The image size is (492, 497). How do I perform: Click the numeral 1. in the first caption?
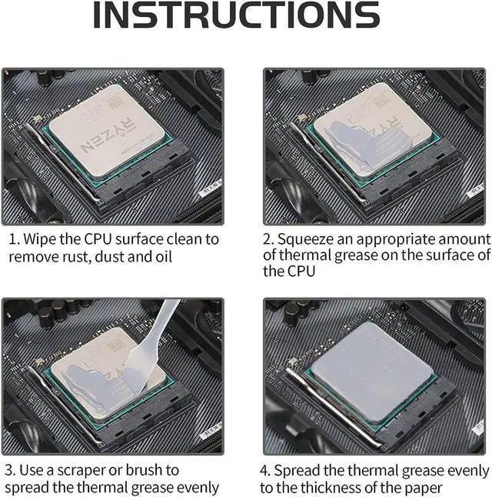[15, 239]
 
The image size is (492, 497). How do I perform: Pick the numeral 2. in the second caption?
[268, 239]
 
